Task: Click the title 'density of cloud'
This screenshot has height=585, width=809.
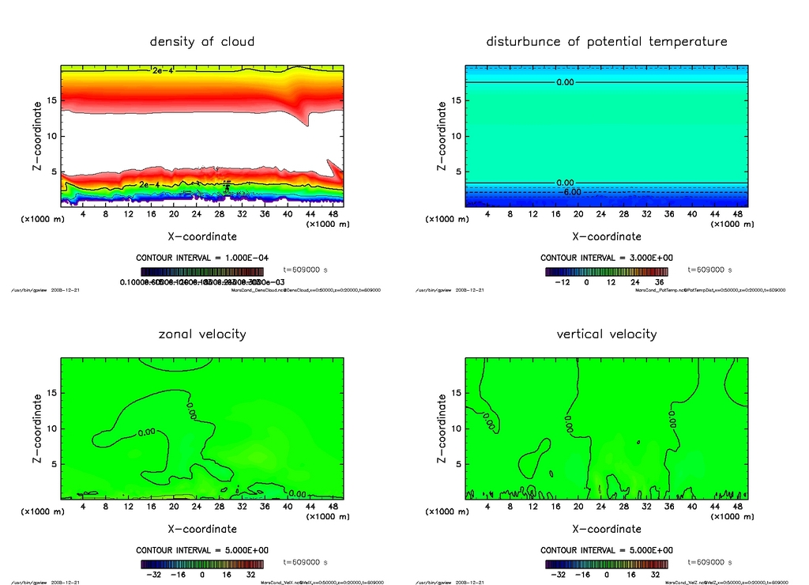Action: coord(202,41)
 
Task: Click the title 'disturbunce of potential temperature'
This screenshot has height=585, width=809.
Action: coord(606,41)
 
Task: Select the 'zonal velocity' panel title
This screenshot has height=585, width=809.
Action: coord(202,334)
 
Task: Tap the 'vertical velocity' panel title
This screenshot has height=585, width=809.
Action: coord(606,334)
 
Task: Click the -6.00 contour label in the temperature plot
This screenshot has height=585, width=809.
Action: coord(571,191)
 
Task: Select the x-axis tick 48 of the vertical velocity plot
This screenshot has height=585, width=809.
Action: coord(737,507)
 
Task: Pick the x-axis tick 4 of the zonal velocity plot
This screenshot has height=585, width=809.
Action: coord(83,507)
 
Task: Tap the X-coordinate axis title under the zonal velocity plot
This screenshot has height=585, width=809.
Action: coord(201,529)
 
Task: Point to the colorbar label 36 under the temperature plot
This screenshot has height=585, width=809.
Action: coord(659,281)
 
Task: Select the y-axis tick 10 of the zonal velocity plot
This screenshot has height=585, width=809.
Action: coord(48,428)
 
